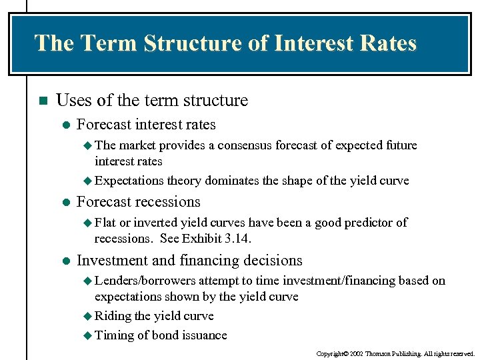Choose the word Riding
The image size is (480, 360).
tap(113, 316)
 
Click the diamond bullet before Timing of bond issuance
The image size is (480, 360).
tap(89, 335)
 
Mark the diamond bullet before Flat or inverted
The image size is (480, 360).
tap(89, 223)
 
